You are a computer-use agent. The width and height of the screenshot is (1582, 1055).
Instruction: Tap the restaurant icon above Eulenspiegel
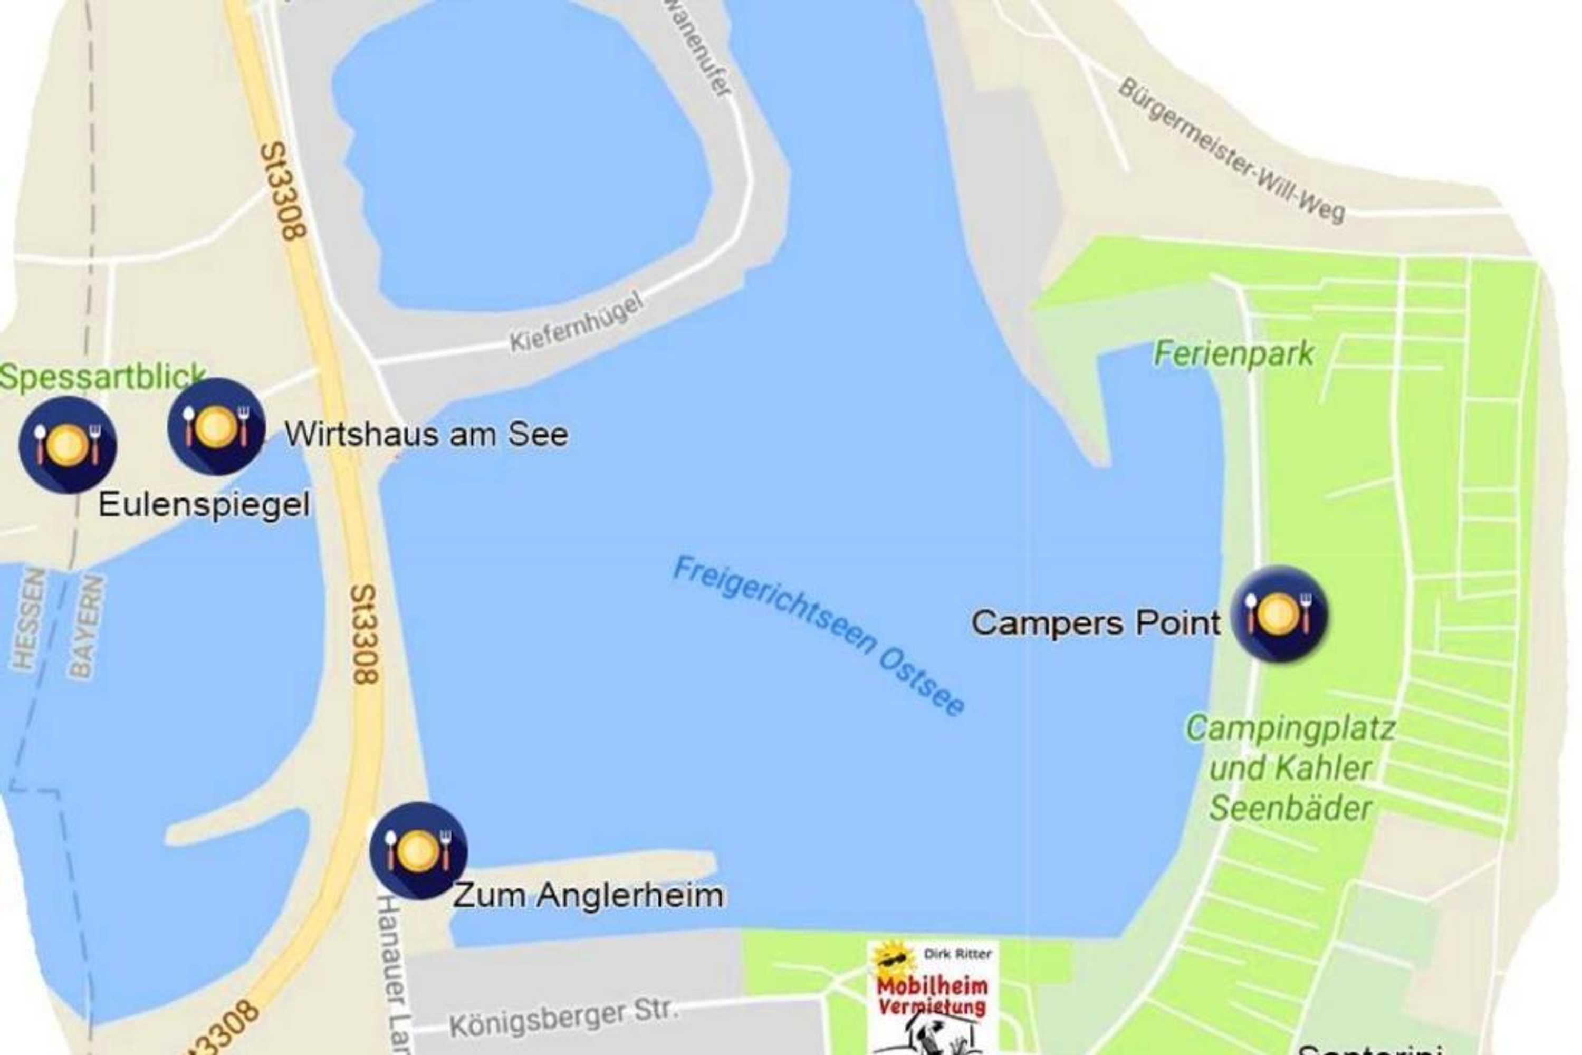(x=68, y=444)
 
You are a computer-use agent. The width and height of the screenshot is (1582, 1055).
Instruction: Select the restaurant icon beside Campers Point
(x=1279, y=613)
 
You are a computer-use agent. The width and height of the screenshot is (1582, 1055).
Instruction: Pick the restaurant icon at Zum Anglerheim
(x=418, y=850)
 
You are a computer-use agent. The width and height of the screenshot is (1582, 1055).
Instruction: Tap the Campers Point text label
(x=1095, y=622)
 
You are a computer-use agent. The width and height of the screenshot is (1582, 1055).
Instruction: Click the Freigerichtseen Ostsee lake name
(x=819, y=635)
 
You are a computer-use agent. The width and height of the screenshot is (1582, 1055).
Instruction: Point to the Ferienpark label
(x=1233, y=353)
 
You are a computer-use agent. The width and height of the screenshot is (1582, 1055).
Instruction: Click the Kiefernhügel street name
(x=577, y=322)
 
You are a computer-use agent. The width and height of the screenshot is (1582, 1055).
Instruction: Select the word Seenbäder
(x=1290, y=808)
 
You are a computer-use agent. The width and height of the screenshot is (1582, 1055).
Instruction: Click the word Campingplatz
(x=1290, y=728)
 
